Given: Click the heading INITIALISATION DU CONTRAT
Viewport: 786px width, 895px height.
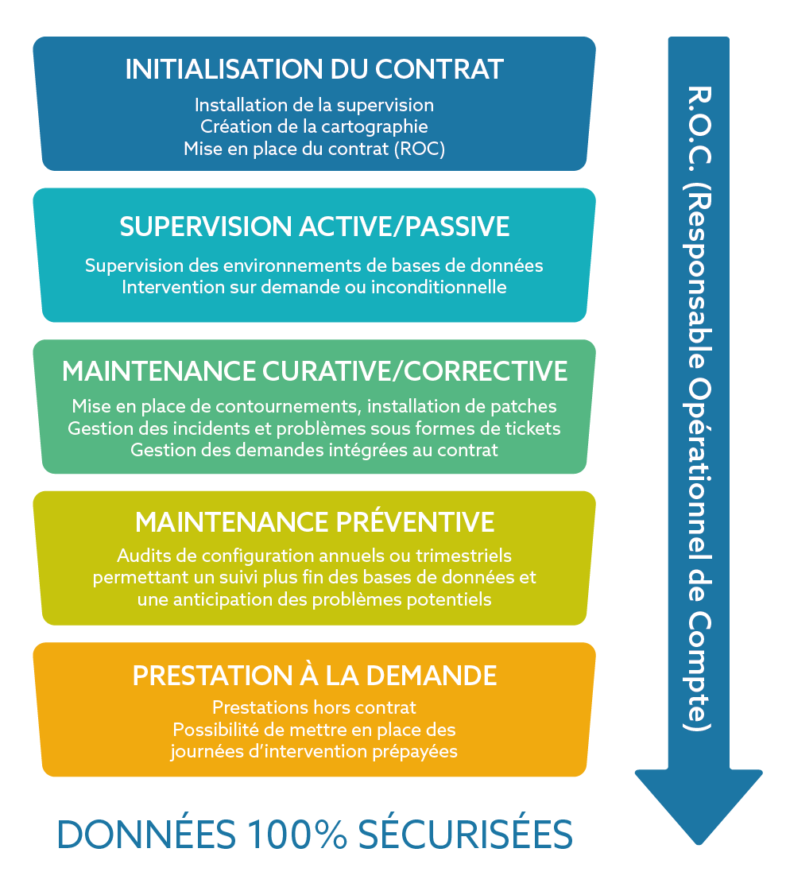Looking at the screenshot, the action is (x=314, y=69).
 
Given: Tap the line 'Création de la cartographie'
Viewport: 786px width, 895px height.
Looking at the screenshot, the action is (x=314, y=126).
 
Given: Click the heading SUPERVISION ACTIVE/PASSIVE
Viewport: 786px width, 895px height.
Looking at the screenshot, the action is (x=314, y=227).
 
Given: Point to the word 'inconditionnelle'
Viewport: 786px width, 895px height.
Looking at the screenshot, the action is (x=439, y=286).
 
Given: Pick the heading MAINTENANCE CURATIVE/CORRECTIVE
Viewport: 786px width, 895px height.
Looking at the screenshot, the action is (x=315, y=371).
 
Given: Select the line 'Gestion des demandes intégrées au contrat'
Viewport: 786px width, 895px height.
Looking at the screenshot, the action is (x=314, y=451).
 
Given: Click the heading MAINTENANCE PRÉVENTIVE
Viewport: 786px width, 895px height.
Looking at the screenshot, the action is (x=315, y=521).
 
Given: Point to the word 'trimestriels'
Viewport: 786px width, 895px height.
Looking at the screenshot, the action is (x=463, y=556).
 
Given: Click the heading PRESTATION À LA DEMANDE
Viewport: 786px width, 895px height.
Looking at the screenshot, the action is (x=315, y=676).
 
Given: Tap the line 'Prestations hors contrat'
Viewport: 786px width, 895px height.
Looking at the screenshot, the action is (x=314, y=707).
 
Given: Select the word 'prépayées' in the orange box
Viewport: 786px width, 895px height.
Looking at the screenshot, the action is (x=415, y=751).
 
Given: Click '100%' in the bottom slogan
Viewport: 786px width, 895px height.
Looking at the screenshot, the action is (x=297, y=834).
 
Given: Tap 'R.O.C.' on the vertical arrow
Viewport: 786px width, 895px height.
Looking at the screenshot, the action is (x=698, y=126).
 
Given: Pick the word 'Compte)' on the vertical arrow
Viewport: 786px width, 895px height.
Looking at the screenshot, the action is (x=698, y=672).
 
